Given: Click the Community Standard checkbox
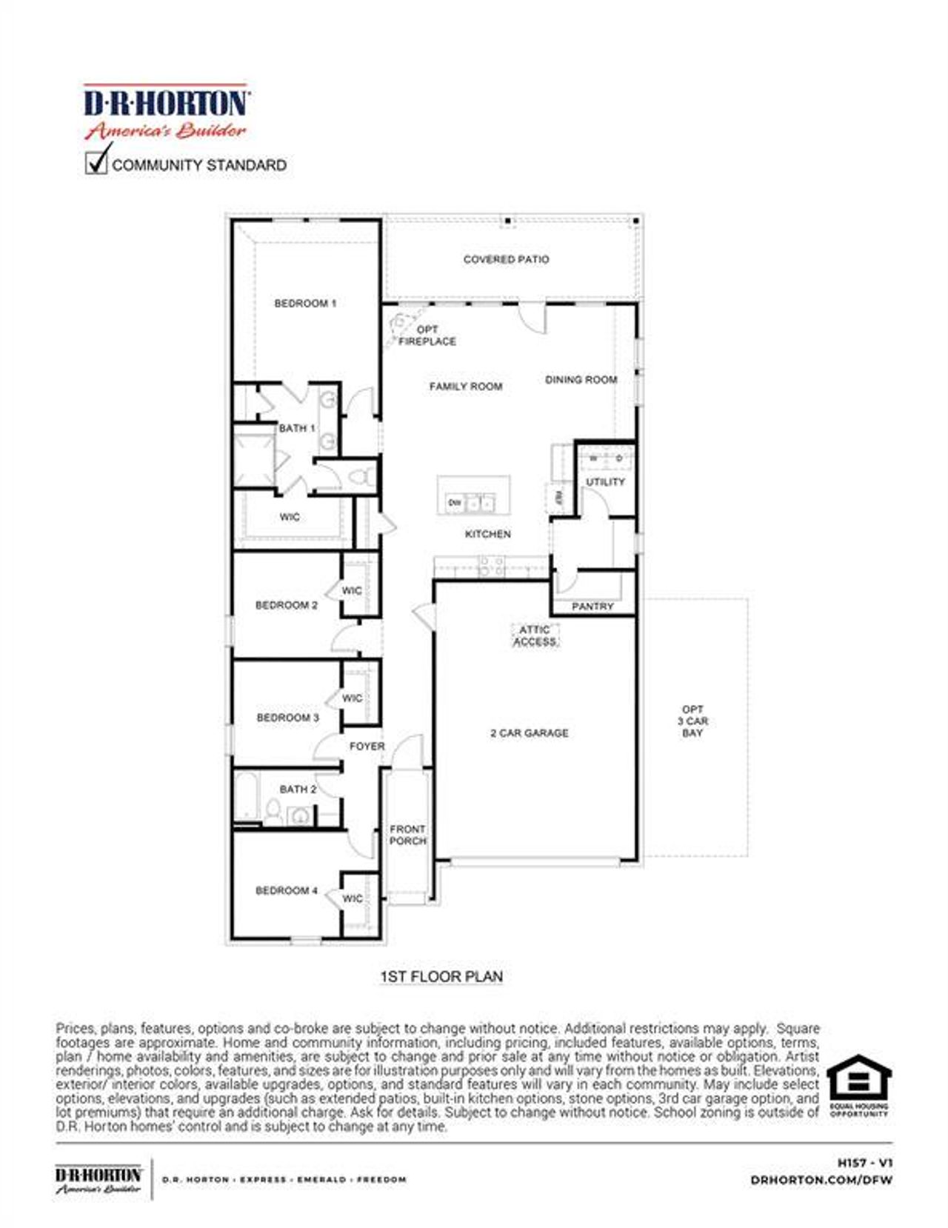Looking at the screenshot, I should click(x=96, y=162).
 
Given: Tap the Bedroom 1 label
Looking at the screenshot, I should click(x=305, y=303).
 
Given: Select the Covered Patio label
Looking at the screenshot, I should click(x=506, y=259).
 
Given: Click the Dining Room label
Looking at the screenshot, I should click(x=581, y=380).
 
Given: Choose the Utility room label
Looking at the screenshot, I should click(x=605, y=482).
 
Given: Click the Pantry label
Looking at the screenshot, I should click(x=592, y=607).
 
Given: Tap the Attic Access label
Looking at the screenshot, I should click(x=535, y=635).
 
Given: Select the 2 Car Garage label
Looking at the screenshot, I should click(x=529, y=733).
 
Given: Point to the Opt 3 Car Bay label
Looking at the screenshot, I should click(x=692, y=721).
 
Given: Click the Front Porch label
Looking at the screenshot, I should click(x=407, y=835).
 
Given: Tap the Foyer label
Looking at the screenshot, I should click(x=367, y=747).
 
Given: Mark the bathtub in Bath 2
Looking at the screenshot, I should click(x=247, y=796).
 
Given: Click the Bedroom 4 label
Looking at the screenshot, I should click(x=287, y=890).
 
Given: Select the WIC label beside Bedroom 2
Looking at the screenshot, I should click(x=352, y=591).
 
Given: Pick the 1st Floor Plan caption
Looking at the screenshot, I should click(x=441, y=977).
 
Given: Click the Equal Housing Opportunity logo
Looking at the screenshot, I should click(x=859, y=1085).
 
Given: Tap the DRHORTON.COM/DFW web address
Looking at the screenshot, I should click(x=821, y=1180).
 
